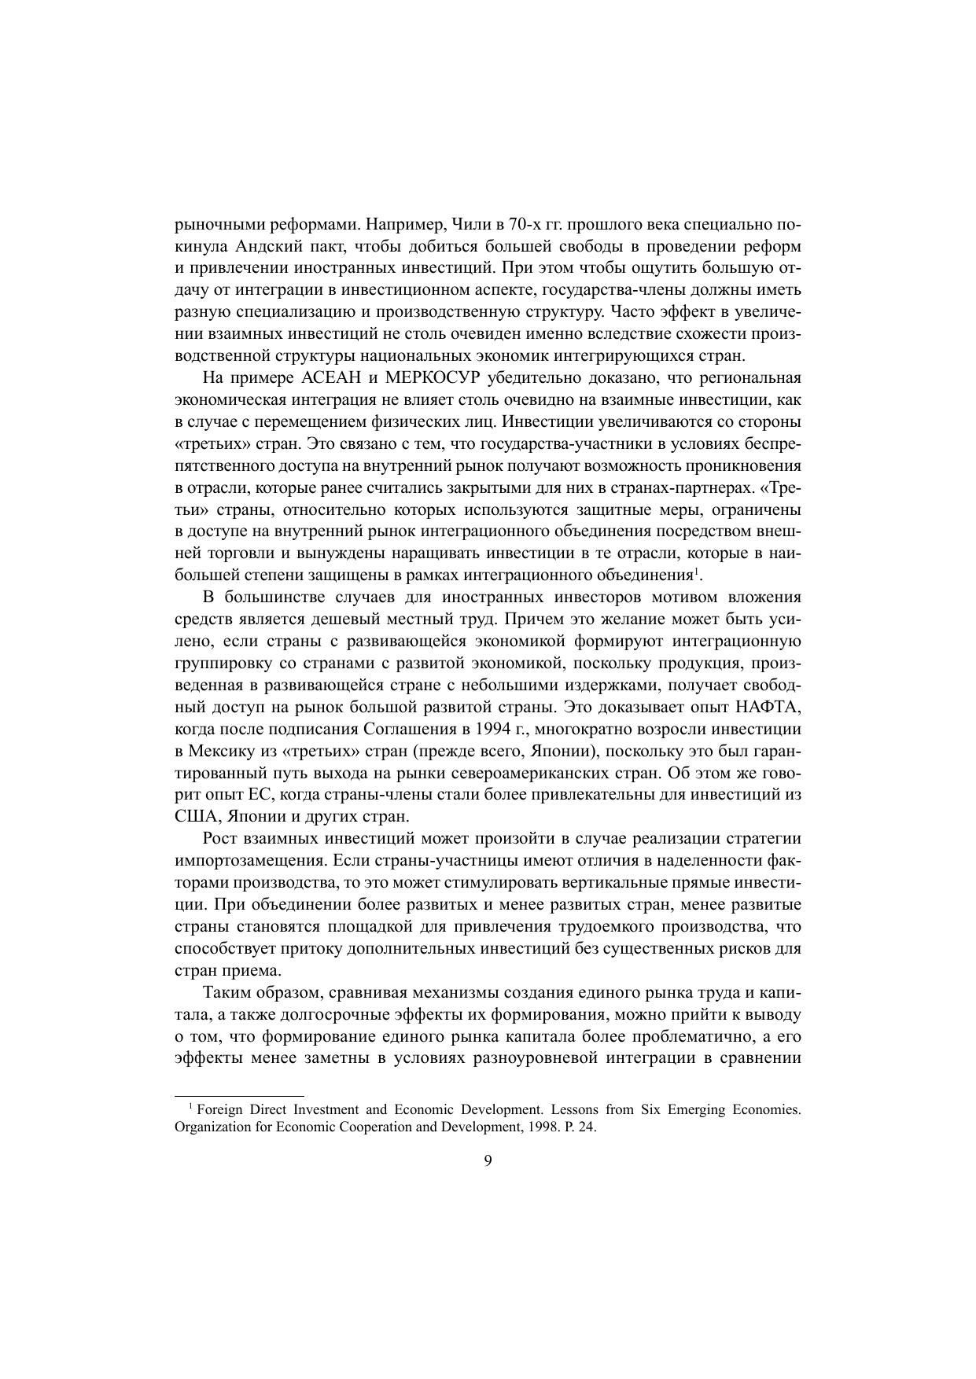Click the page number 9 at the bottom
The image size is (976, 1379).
(488, 1161)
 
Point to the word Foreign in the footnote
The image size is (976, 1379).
(220, 1110)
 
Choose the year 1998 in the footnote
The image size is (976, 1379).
(537, 1127)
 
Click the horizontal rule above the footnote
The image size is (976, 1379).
(238, 1095)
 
